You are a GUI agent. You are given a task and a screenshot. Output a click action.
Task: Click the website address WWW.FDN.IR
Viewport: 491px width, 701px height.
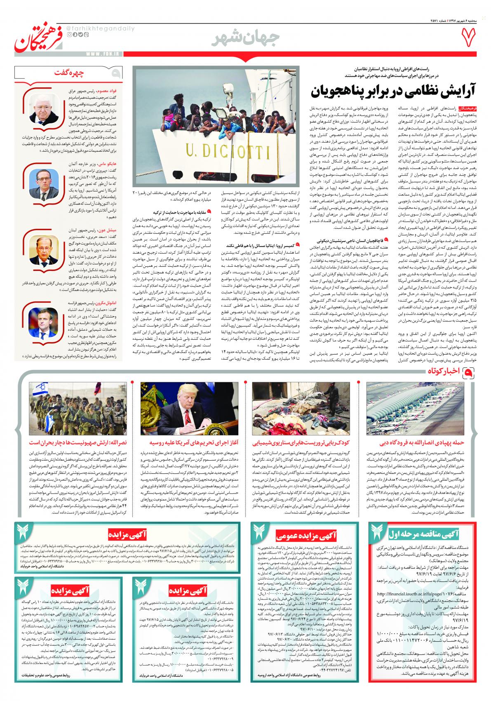click(103, 53)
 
